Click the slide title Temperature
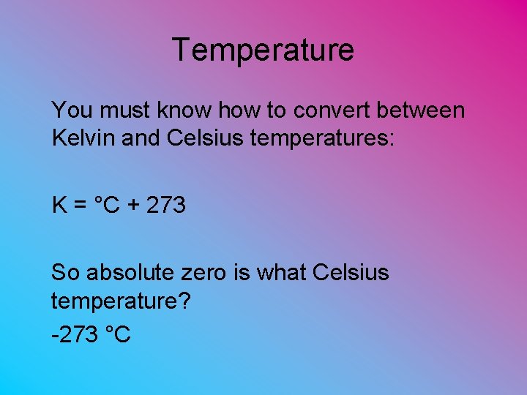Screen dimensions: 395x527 point(263,50)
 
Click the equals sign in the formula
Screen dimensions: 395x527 point(81,206)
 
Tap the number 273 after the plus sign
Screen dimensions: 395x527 point(166,206)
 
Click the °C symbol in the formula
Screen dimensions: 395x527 point(106,206)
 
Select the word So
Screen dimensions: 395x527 point(65,274)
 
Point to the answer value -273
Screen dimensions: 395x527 point(75,334)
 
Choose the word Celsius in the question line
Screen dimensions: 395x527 point(351,274)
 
